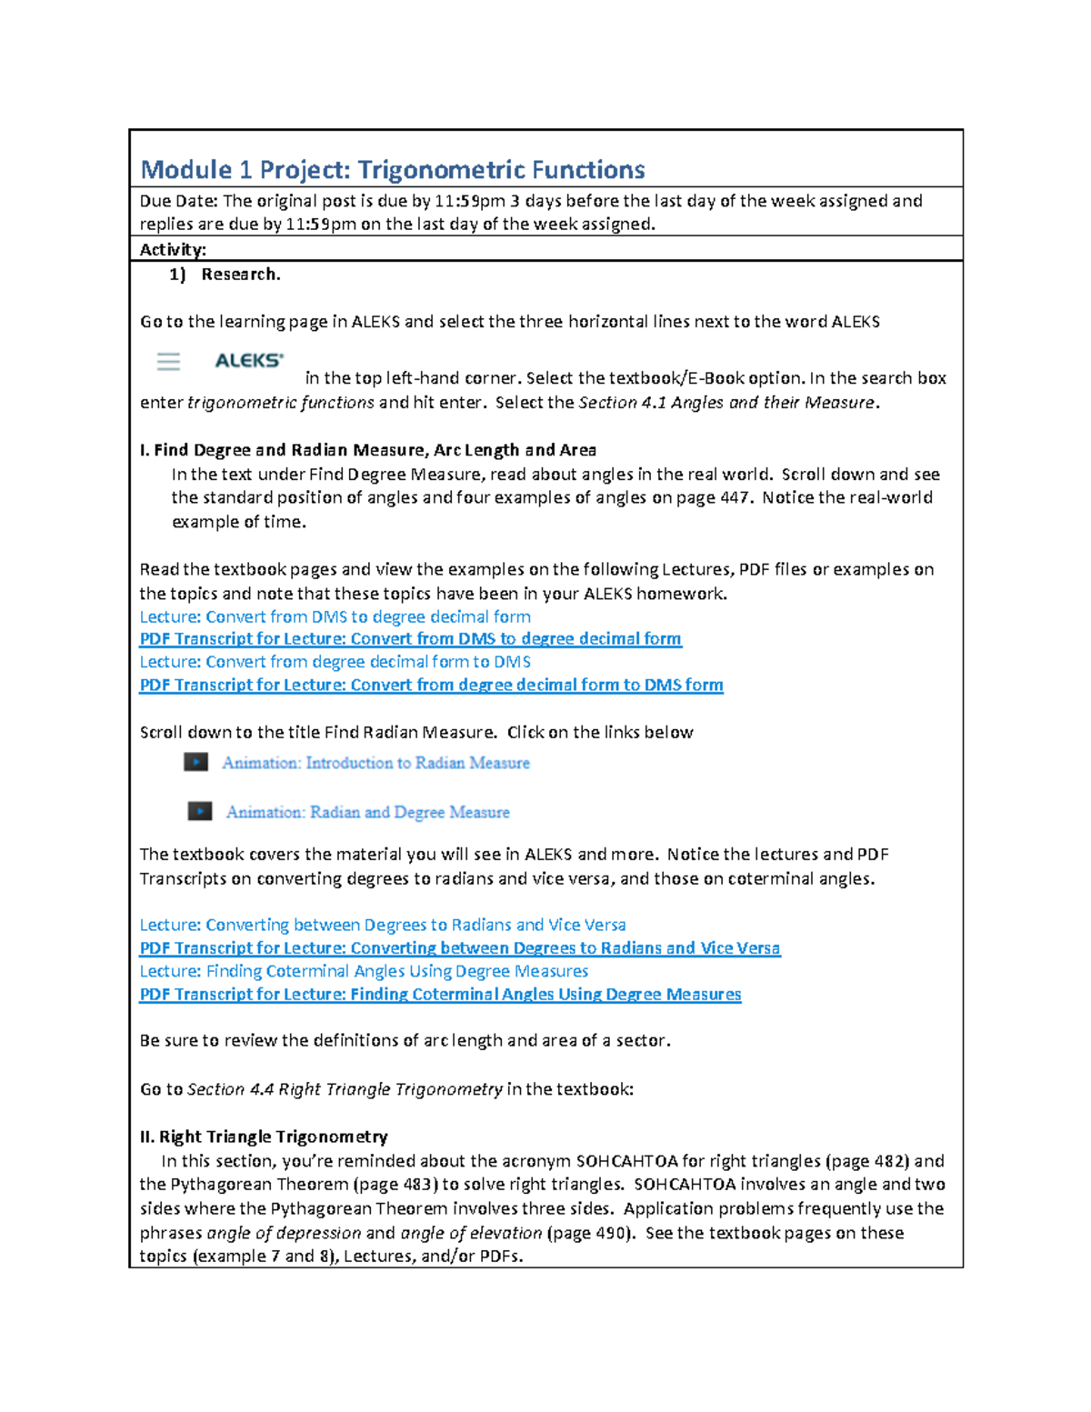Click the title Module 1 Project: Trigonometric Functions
pyautogui.click(x=392, y=170)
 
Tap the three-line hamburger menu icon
pyautogui.click(x=168, y=362)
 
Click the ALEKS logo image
pyautogui.click(x=249, y=361)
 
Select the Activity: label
pyautogui.click(x=173, y=250)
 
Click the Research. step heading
pyautogui.click(x=240, y=275)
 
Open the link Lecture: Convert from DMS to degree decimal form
pyautogui.click(x=335, y=616)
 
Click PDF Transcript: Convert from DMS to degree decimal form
pyautogui.click(x=410, y=639)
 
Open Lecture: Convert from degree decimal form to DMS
pyautogui.click(x=335, y=662)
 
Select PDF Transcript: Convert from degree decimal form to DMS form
pyautogui.click(x=431, y=686)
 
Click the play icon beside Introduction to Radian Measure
pyautogui.click(x=196, y=762)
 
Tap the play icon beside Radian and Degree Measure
pyautogui.click(x=200, y=811)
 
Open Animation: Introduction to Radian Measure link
pyautogui.click(x=375, y=763)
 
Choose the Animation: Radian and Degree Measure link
pyautogui.click(x=367, y=812)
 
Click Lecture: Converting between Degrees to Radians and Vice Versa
pyautogui.click(x=382, y=925)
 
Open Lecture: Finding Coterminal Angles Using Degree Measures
pyautogui.click(x=364, y=971)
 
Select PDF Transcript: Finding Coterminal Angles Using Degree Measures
pyautogui.click(x=440, y=995)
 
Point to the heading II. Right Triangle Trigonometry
pyautogui.click(x=264, y=1137)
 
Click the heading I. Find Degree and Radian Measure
pyautogui.click(x=367, y=450)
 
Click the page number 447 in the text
pyautogui.click(x=734, y=498)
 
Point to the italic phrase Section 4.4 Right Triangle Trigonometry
pyautogui.click(x=345, y=1089)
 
